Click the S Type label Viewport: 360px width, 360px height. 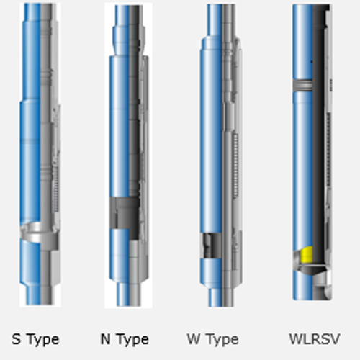(35, 340)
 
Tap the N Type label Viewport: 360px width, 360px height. (125, 340)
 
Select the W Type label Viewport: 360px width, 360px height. (212, 340)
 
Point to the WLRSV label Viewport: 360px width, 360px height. (315, 339)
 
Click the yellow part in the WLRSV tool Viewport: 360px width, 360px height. (307, 254)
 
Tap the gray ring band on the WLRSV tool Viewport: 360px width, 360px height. (302, 85)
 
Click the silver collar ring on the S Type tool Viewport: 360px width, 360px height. (38, 233)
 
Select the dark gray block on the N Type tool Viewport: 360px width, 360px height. (125, 213)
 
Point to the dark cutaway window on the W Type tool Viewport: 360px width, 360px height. (211, 246)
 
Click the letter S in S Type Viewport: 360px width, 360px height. (16, 339)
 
